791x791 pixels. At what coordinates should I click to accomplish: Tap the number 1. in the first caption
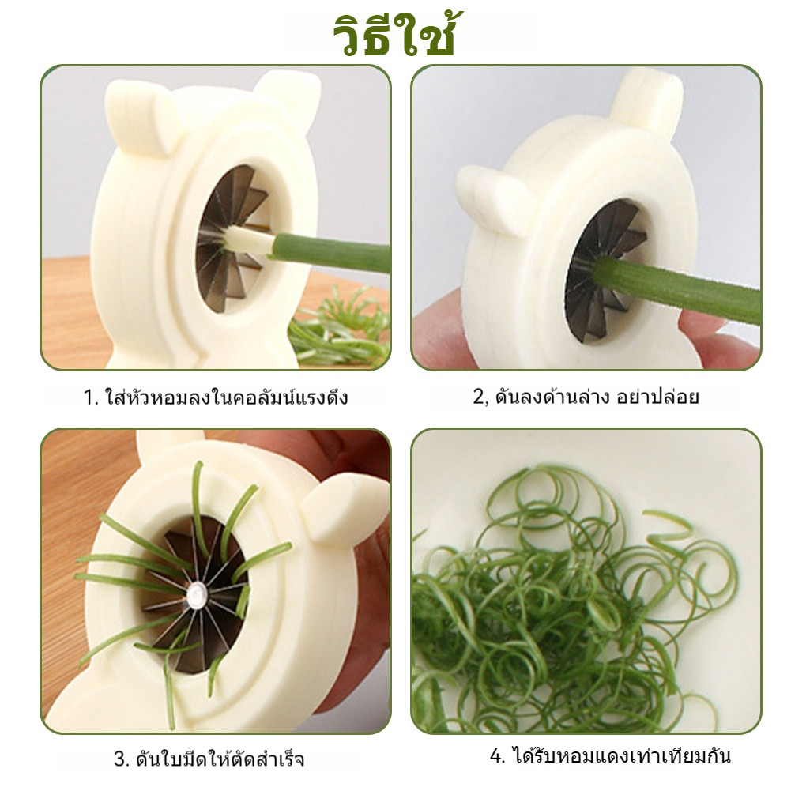click(91, 397)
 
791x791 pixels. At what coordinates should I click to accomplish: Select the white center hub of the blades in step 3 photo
click(197, 595)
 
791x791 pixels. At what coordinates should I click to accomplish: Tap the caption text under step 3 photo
click(209, 759)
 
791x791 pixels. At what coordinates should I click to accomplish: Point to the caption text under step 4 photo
click(610, 755)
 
